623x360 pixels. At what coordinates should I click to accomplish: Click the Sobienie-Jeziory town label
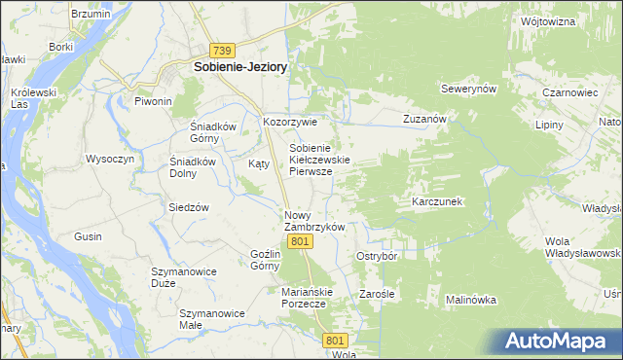240,67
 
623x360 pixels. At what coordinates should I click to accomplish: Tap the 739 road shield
223,50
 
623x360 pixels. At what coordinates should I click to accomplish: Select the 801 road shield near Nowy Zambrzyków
300,240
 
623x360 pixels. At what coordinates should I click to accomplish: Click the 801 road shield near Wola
336,340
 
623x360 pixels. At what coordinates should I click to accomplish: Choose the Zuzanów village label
424,119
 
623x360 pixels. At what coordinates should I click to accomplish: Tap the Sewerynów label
469,89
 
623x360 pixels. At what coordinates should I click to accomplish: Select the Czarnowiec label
568,93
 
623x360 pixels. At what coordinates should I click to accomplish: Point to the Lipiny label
551,126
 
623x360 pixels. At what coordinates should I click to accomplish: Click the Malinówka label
471,300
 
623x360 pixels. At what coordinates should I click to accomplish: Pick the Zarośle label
376,293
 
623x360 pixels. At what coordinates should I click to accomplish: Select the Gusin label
88,236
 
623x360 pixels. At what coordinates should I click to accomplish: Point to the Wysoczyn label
109,159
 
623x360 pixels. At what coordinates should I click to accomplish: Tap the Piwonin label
153,101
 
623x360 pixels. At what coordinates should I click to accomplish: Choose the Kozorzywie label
291,123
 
